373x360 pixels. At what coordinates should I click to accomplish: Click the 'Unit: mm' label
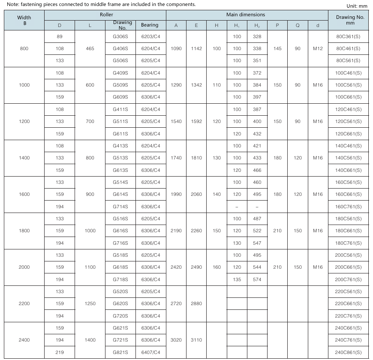(357, 6)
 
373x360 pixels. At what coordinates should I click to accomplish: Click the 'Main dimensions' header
(246, 15)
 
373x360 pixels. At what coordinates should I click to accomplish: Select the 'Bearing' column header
(150, 25)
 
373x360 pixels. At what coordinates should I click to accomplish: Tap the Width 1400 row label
(24, 158)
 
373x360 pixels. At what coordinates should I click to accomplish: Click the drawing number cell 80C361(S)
(348, 37)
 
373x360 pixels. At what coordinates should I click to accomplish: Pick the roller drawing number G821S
(120, 352)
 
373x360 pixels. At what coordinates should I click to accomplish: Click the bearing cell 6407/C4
(150, 352)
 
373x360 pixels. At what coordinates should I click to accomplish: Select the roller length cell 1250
(90, 303)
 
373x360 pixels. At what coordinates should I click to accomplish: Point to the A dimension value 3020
(176, 340)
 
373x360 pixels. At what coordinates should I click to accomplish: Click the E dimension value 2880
(196, 303)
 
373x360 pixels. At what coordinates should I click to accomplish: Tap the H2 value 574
(257, 279)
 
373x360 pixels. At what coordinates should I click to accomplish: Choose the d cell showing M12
(318, 48)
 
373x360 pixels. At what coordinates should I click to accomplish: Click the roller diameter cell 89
(60, 37)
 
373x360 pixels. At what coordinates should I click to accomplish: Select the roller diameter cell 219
(60, 352)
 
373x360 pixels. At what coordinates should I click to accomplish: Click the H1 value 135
(237, 279)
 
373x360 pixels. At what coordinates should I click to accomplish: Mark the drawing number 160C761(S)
(348, 207)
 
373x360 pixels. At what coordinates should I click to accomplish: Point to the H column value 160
(217, 267)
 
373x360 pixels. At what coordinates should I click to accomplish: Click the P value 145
(277, 48)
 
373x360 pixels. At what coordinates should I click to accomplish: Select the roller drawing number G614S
(120, 194)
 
